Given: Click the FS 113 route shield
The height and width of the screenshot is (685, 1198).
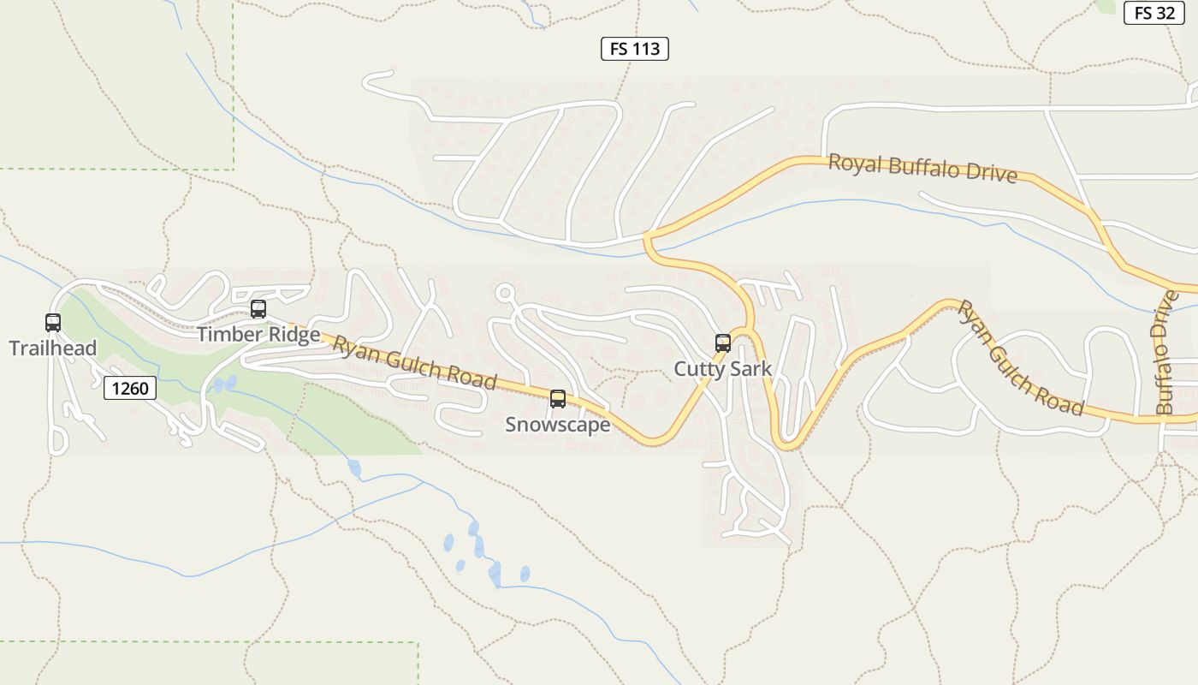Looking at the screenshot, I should coord(634,49).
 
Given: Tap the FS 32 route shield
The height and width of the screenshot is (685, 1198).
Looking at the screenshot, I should coord(1154,13).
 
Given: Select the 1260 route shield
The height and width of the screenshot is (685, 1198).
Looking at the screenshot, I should coord(131,388).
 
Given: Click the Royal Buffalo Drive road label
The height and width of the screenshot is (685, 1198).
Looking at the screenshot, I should coord(922,168).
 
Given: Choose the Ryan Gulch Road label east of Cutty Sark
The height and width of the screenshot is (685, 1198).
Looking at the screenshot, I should coord(1021,358).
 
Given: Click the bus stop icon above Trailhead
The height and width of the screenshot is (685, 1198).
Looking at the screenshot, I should coord(53,323).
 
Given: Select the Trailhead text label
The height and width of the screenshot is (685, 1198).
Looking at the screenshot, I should coord(53,348).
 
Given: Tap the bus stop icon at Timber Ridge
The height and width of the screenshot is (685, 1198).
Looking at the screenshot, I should coord(258,309).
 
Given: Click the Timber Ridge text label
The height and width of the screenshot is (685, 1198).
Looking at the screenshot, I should coord(258,334).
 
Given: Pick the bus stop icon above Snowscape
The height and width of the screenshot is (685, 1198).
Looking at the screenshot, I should coord(558,399).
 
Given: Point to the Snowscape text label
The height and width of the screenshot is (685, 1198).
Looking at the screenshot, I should coord(558,425).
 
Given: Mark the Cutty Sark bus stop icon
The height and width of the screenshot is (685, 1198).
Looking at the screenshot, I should coord(723,343).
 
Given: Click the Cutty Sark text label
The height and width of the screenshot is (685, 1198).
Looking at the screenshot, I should coord(723,369).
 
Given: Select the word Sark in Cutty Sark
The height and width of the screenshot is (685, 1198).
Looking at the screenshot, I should coord(750,369).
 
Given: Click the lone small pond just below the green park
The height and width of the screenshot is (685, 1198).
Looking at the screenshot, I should coord(354,468).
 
